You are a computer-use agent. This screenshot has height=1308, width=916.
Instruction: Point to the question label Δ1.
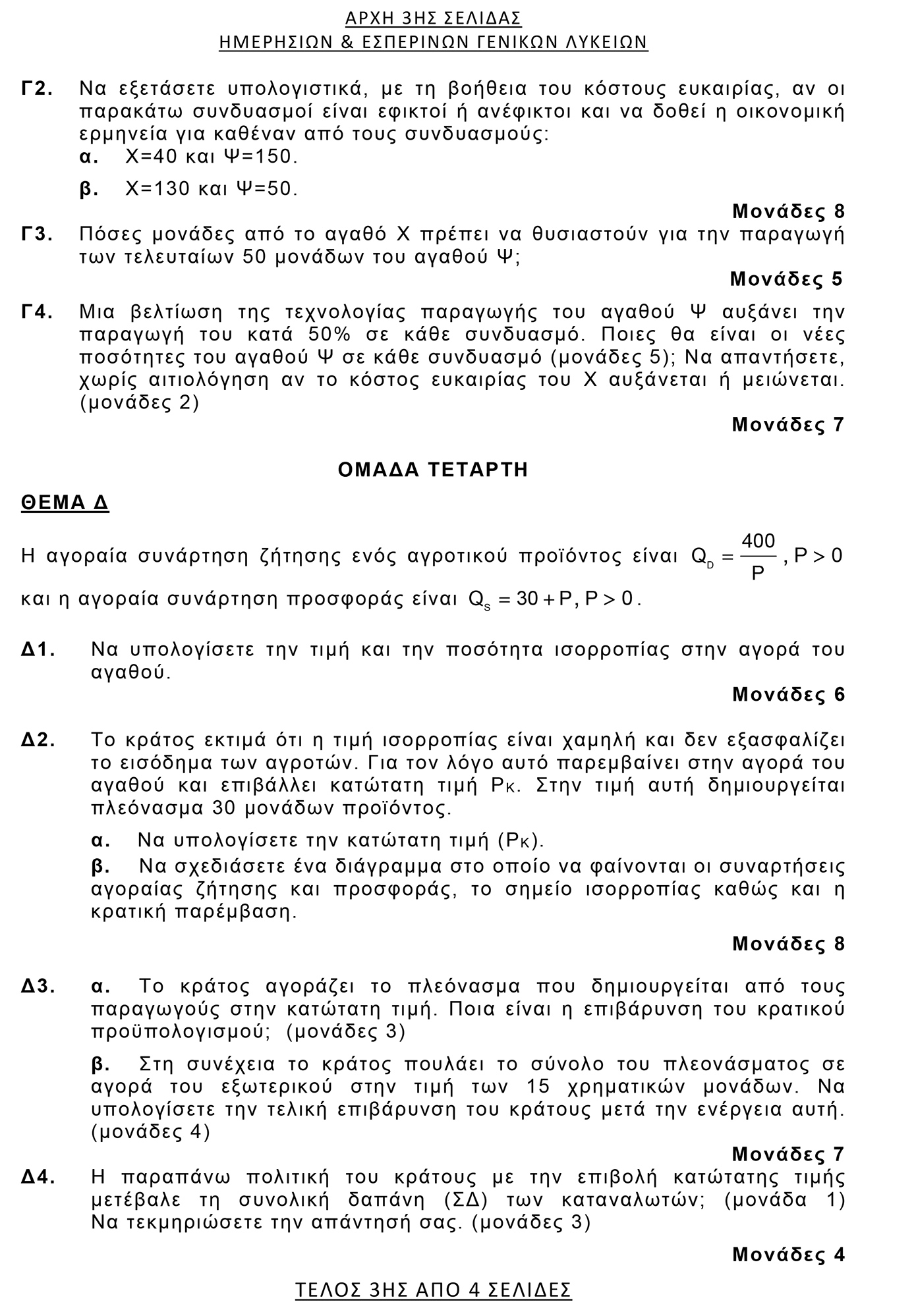[x=39, y=650]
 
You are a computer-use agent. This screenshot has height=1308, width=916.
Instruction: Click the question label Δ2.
[x=39, y=740]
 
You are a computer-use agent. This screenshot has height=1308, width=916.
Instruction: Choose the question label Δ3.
[x=39, y=987]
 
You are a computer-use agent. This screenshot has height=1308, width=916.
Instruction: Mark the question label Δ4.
[x=39, y=1177]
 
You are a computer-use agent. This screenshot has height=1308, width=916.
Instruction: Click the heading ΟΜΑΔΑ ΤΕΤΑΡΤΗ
[x=433, y=470]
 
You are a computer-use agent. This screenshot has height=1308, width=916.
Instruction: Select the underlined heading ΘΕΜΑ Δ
[x=65, y=503]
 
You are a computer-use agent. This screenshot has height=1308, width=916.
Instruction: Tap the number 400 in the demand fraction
[x=759, y=541]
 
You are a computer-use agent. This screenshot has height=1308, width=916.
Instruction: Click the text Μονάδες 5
[x=786, y=279]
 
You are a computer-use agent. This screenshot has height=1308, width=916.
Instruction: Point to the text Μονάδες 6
[x=788, y=694]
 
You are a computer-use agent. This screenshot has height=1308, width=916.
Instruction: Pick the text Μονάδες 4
[x=788, y=1255]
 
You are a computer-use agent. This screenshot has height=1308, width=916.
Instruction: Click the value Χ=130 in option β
[x=149, y=190]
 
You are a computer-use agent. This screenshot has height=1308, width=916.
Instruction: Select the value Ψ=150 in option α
[x=261, y=157]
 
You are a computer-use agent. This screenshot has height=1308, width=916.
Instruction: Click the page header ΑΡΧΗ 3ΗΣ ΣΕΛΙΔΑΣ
[x=433, y=18]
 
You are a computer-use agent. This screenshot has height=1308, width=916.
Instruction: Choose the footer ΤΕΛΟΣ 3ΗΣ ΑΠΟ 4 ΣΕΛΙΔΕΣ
[x=433, y=1289]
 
